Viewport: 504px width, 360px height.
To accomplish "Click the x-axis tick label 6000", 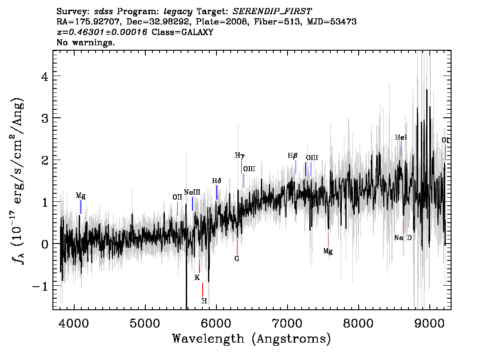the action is pyautogui.click(x=216, y=324).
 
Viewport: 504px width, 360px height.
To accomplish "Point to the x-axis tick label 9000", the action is pyautogui.click(x=429, y=324).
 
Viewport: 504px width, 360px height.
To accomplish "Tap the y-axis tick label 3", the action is pyautogui.click(x=45, y=118).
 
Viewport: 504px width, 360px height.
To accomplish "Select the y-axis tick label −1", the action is pyautogui.click(x=40, y=286).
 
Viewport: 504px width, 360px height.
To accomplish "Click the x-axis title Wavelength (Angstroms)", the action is pyautogui.click(x=252, y=339).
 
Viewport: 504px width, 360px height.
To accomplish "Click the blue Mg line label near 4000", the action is pyautogui.click(x=81, y=196).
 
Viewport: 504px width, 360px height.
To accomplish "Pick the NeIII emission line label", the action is pyautogui.click(x=192, y=192).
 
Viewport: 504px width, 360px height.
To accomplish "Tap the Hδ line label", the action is pyautogui.click(x=216, y=181).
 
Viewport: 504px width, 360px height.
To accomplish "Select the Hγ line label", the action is pyautogui.click(x=240, y=156).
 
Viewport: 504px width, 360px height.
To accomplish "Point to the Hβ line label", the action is pyautogui.click(x=292, y=156).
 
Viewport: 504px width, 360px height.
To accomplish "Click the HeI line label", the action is pyautogui.click(x=401, y=138).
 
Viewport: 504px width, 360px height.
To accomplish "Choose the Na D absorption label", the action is pyautogui.click(x=403, y=238).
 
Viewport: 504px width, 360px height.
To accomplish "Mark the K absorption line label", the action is pyautogui.click(x=197, y=277).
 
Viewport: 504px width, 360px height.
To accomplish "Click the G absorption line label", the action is pyautogui.click(x=237, y=258).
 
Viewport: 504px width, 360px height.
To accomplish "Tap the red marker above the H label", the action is pyautogui.click(x=203, y=290).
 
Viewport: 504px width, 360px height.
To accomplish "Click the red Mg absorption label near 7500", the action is pyautogui.click(x=328, y=251).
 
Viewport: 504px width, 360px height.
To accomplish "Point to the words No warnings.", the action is pyautogui.click(x=85, y=42).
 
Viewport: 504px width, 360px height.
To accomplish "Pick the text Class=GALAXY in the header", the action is pyautogui.click(x=182, y=32).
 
